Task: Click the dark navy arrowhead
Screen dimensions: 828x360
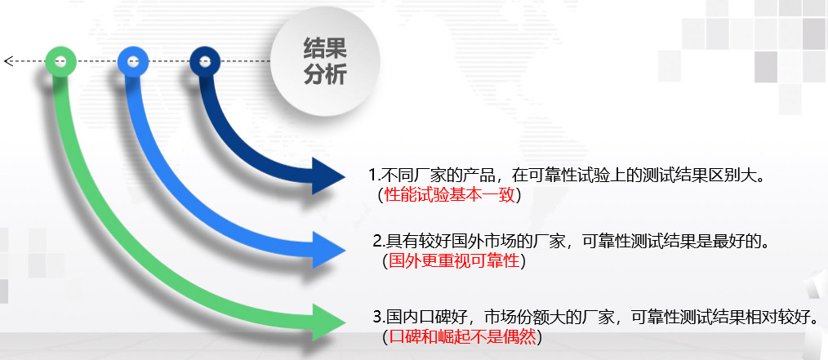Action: (328, 176)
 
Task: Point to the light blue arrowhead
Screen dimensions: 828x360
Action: (328, 249)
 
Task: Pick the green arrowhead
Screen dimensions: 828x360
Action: (328, 322)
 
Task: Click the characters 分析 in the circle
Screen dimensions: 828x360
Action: (325, 75)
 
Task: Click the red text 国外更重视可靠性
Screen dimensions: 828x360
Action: (454, 260)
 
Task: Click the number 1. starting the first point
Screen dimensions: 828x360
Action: (374, 176)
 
